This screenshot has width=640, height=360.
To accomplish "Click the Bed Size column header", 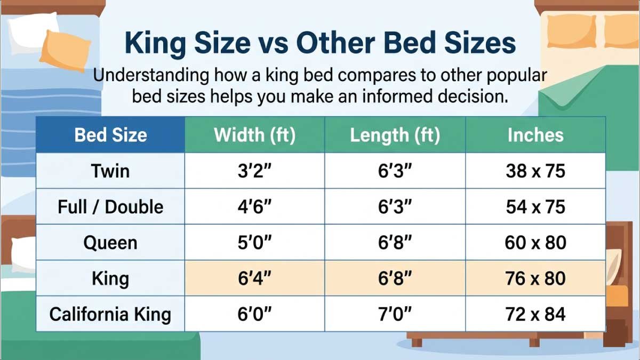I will point(110,135).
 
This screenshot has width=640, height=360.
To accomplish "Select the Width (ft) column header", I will point(254,135).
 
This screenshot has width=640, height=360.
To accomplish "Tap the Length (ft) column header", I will point(395,135).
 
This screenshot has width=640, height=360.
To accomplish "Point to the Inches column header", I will point(535,135).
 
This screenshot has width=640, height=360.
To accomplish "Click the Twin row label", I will point(110,171).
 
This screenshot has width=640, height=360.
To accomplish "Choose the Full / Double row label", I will point(110,207).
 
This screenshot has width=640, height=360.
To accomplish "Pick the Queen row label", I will point(110,243).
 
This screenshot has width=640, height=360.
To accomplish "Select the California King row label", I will point(110,314).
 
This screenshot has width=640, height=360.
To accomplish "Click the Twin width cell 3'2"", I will point(254,171).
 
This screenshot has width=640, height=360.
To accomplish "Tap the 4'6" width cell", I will point(254,207).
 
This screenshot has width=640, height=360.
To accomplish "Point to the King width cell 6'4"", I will point(254,278).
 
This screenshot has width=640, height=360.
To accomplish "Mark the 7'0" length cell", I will point(395,314).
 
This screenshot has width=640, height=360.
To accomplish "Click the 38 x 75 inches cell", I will point(535,171).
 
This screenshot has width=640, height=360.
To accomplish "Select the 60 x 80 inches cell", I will point(535,243).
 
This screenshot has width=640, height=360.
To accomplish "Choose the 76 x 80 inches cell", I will point(535,278).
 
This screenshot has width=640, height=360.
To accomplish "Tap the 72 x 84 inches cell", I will point(535,314).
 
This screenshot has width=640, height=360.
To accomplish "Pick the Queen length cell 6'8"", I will point(395,243).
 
